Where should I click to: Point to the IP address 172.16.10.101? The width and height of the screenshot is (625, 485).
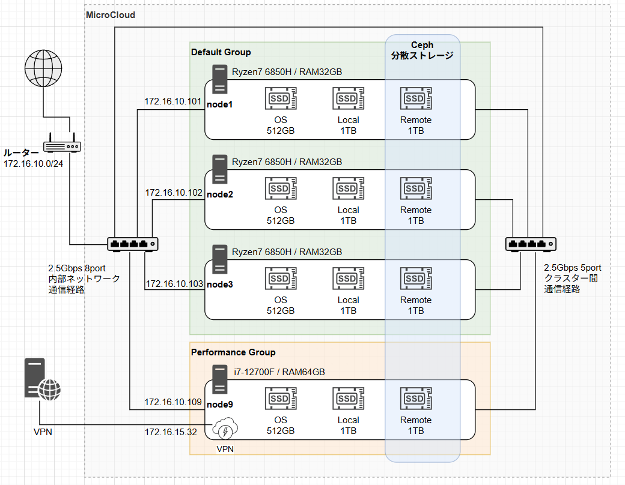pyautogui.click(x=173, y=101)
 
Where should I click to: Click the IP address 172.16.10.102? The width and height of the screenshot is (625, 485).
pyautogui.click(x=174, y=193)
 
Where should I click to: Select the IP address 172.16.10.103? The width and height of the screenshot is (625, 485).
pyautogui.click(x=174, y=283)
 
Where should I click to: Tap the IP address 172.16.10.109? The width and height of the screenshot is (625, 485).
pyautogui.click(x=173, y=402)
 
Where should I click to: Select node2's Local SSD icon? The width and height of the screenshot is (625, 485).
pyautogui.click(x=348, y=188)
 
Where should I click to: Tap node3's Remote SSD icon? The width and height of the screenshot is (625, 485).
pyautogui.click(x=416, y=279)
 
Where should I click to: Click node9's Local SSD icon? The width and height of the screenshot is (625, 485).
pyautogui.click(x=348, y=399)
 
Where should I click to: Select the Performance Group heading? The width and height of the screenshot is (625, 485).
pyautogui.click(x=233, y=352)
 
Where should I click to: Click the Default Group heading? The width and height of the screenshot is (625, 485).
pyautogui.click(x=221, y=52)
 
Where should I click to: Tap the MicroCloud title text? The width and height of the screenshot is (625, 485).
pyautogui.click(x=111, y=14)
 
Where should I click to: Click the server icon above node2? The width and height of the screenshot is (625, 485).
pyautogui.click(x=219, y=169)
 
